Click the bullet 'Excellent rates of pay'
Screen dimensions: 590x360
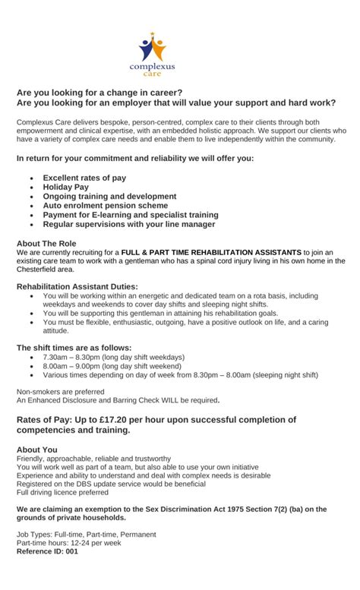[84, 178]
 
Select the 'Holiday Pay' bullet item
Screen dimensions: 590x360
[66, 187]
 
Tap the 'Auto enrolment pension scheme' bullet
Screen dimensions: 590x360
[106, 205]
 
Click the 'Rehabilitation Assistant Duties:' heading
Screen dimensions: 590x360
[77, 286]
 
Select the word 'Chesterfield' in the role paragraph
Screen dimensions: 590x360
[38, 269]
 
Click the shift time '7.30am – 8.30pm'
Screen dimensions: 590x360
[73, 357]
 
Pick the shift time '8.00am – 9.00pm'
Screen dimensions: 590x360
[73, 366]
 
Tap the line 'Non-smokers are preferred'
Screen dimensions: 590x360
[61, 392]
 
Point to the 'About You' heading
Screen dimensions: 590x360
[36, 450]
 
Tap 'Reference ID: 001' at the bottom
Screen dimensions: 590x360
[47, 551]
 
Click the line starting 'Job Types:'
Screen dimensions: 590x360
[86, 535]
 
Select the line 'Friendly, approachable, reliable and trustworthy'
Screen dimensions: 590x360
[93, 459]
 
